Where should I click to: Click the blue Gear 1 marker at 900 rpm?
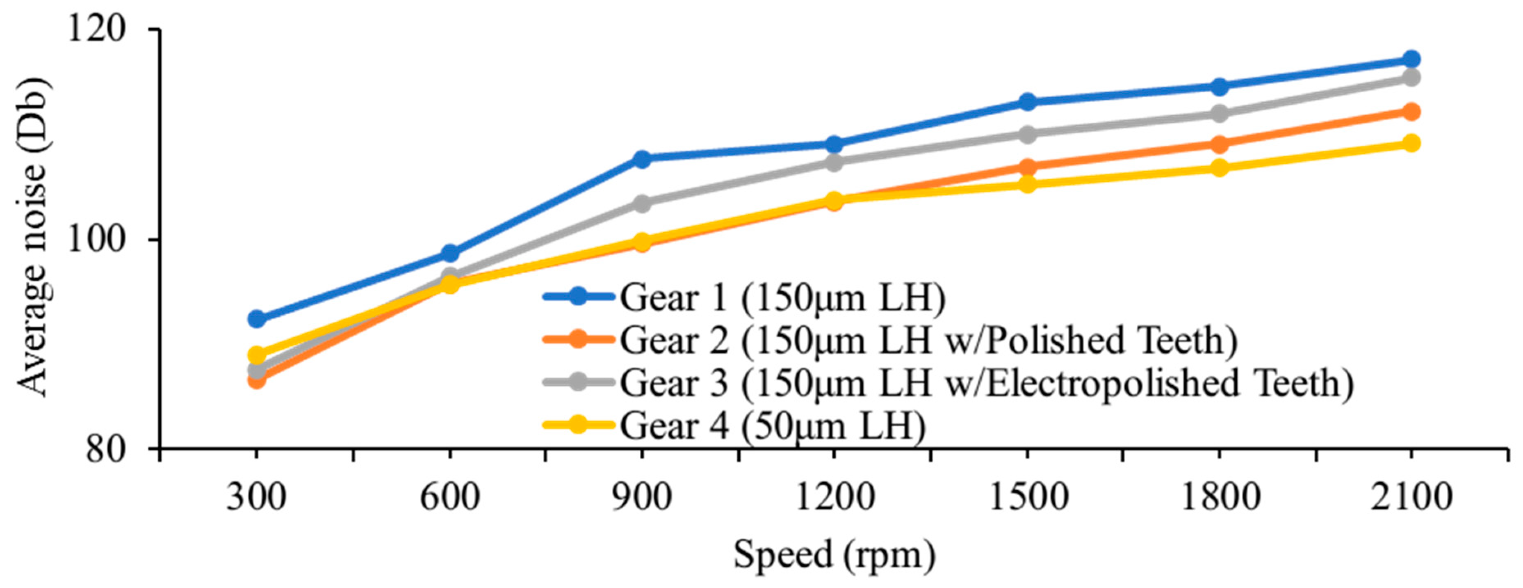[x=641, y=158]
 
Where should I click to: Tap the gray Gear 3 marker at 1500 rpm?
[x=1028, y=134]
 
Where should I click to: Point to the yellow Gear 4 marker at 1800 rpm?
[x=1219, y=168]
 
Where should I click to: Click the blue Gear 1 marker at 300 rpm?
[x=257, y=319]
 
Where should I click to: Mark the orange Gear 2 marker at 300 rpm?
[x=257, y=379]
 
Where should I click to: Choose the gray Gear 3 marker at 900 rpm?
[x=641, y=204]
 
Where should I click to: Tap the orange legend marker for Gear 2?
[x=578, y=340]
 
